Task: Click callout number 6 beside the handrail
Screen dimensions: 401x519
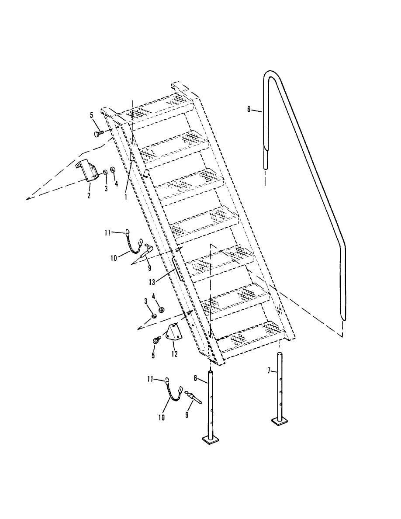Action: [x=249, y=109]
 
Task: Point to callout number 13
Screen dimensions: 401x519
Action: [x=152, y=282]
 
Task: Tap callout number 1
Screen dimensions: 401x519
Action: [x=126, y=196]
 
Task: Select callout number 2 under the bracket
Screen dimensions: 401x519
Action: [x=89, y=196]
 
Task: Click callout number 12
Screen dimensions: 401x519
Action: [x=174, y=354]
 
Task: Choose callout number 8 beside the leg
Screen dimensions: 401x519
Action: [x=195, y=377]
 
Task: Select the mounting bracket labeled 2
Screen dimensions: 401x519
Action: [x=88, y=171]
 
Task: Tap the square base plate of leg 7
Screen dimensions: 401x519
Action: [x=280, y=421]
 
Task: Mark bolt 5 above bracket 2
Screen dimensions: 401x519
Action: [x=98, y=133]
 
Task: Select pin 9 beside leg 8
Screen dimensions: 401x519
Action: [x=193, y=397]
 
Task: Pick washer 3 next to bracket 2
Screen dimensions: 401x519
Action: [x=104, y=172]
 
